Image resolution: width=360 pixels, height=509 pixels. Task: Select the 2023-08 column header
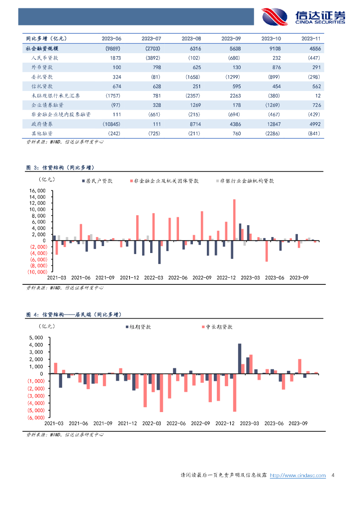pyautogui.click(x=191, y=38)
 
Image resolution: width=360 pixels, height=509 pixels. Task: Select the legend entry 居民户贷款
pyautogui.click(x=96, y=181)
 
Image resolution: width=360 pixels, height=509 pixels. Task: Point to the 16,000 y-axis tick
pyautogui.click(x=38, y=191)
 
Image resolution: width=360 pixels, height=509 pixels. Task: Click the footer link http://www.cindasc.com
pyautogui.click(x=298, y=476)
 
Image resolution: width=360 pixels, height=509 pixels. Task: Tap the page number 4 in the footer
pyautogui.click(x=332, y=476)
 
